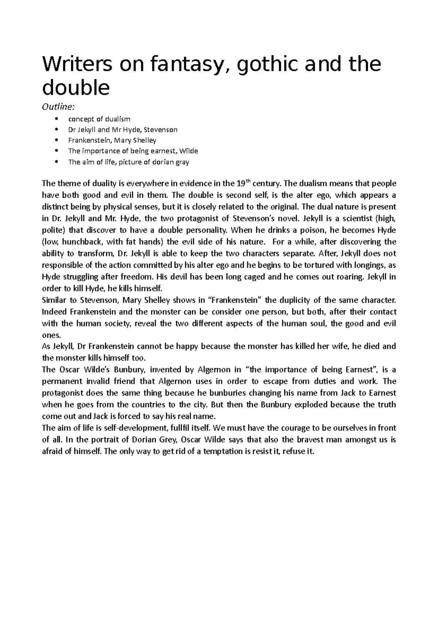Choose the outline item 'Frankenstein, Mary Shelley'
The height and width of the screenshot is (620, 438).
(112, 140)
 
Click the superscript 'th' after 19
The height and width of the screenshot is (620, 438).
(249, 181)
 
